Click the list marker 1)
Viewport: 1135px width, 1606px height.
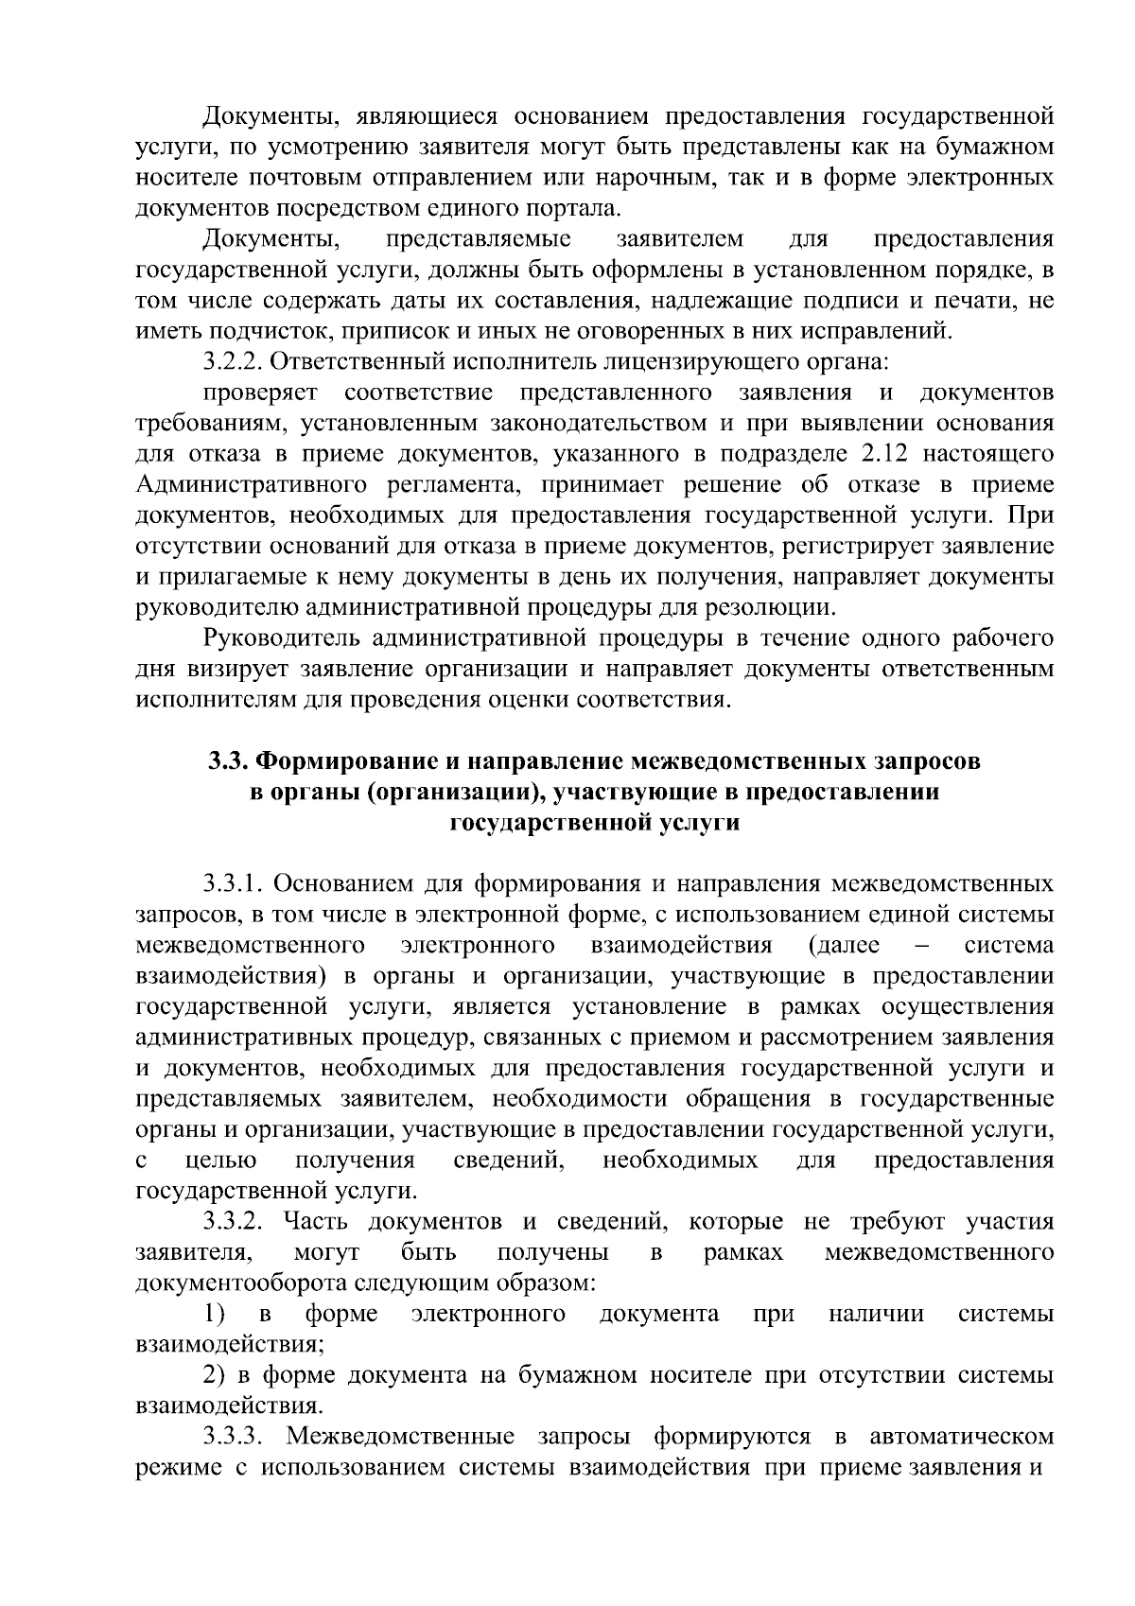coord(215,1315)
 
